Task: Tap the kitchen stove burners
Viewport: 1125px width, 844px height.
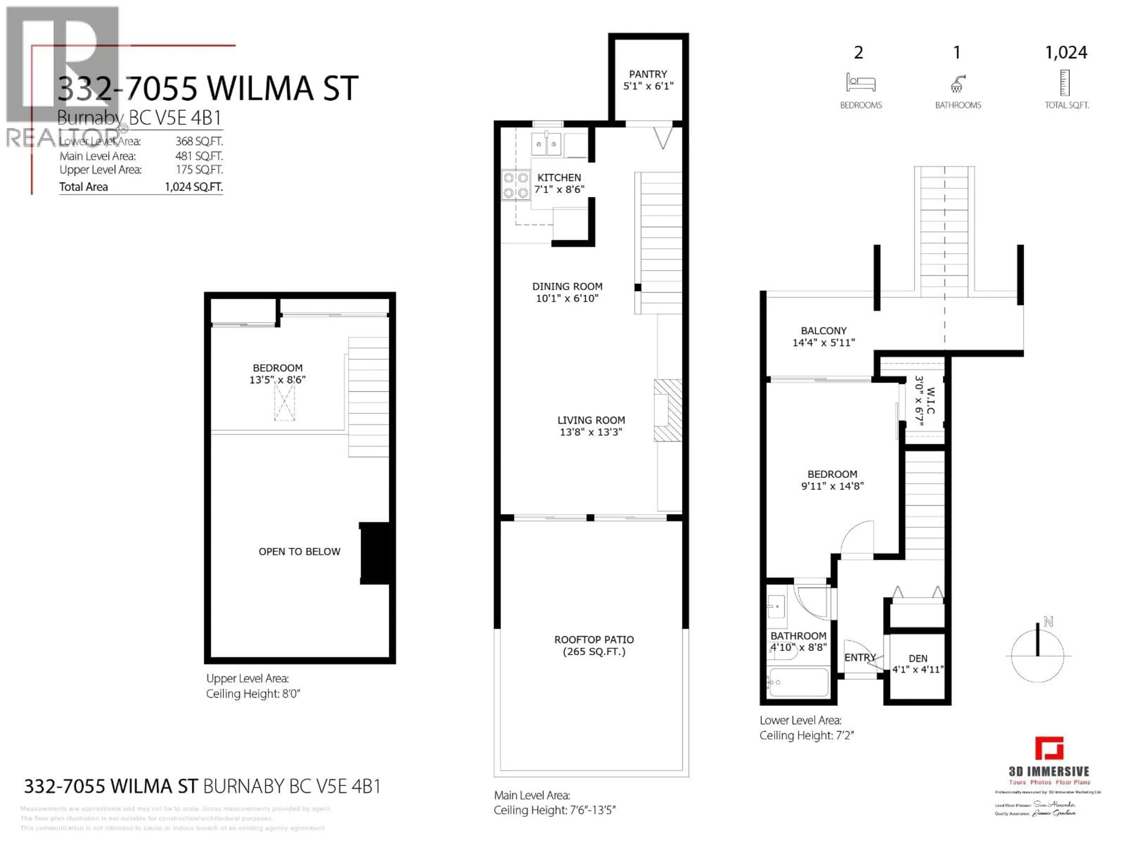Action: coord(515,185)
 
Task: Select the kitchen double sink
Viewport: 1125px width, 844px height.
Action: coord(546,144)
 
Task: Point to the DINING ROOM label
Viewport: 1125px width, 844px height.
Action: coord(567,286)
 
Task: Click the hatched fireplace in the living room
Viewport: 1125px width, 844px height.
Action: coord(668,410)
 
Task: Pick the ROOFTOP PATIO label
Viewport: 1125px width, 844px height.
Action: coord(594,639)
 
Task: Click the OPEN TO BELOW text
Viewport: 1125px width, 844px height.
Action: coord(299,552)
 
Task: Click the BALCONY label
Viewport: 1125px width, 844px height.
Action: coord(824,331)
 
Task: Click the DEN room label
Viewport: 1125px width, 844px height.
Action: coord(918,658)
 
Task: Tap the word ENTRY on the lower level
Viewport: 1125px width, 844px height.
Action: coord(860,657)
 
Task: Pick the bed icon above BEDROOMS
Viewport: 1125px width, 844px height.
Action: coord(860,82)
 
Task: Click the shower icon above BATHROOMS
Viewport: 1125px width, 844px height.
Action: coord(957,84)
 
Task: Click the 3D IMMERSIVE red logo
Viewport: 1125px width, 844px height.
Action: coord(1049,748)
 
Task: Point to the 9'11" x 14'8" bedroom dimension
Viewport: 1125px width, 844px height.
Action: coord(832,486)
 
